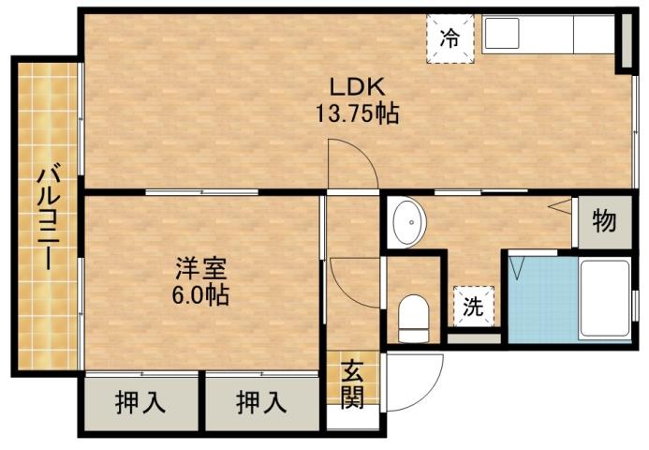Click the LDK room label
[x=355, y=87]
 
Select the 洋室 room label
[x=199, y=270]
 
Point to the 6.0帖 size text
[x=199, y=295]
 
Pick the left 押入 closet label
[x=140, y=403]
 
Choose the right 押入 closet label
[x=261, y=403]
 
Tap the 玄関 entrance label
[x=352, y=384]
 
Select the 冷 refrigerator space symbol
[x=450, y=39]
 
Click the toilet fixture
[x=412, y=317]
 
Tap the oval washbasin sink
[x=407, y=222]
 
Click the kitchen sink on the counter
[x=506, y=37]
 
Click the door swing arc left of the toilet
[x=354, y=281]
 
